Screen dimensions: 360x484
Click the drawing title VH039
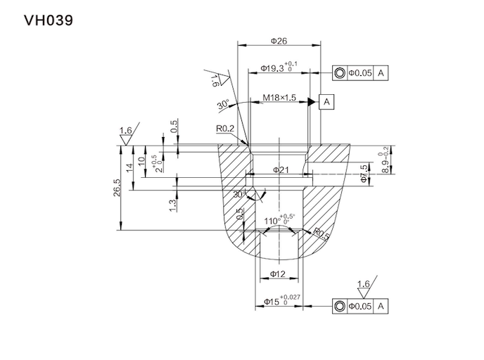pos(48,20)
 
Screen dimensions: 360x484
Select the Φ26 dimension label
pos(279,41)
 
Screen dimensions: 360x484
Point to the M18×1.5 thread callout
pos(279,97)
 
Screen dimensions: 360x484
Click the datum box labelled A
pos(326,103)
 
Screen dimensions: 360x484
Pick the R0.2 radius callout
pos(225,129)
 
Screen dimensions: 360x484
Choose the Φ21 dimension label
pos(279,169)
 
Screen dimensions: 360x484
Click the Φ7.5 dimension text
pos(363,174)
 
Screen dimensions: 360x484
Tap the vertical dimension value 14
pos(129,168)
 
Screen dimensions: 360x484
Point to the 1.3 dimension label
pos(173,204)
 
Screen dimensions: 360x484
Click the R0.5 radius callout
pos(321,233)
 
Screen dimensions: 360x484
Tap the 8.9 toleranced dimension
pos(384,162)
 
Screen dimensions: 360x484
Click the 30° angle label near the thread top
pos(224,105)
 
